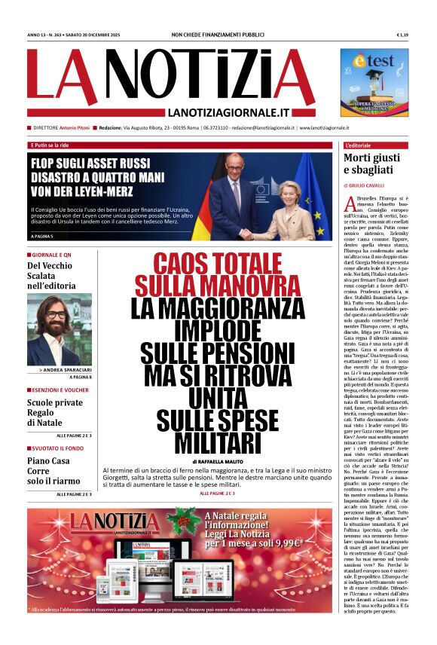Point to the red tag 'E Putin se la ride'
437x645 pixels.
49,145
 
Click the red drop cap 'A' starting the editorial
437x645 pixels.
348,204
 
